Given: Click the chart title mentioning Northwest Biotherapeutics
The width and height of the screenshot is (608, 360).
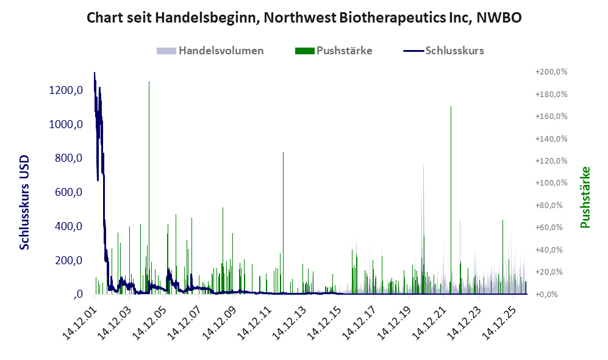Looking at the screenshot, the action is pyautogui.click(x=304, y=18).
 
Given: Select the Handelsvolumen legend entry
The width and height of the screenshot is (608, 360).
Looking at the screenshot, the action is pyautogui.click(x=210, y=51).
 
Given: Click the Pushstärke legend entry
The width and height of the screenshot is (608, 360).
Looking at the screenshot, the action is pyautogui.click(x=334, y=51).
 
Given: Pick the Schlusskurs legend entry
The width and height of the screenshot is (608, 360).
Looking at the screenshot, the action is pyautogui.click(x=443, y=51).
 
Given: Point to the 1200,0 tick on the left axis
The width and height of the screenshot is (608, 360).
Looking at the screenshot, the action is pyautogui.click(x=66, y=90).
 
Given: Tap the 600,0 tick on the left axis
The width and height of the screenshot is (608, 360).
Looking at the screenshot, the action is pyautogui.click(x=68, y=192).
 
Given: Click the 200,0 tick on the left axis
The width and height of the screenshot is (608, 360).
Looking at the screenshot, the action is pyautogui.click(x=68, y=261).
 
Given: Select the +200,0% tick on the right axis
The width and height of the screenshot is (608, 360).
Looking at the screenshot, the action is pyautogui.click(x=551, y=72).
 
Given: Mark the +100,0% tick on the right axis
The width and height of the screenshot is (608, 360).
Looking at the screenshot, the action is pyautogui.click(x=551, y=182).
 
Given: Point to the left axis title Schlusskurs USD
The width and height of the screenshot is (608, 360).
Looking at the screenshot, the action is pyautogui.click(x=24, y=203).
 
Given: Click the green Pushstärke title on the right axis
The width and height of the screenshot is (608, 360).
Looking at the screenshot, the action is pyautogui.click(x=585, y=197).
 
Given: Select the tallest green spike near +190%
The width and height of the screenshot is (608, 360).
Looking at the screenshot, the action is pyautogui.click(x=149, y=188).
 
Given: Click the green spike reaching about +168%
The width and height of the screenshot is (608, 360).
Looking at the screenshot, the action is pyautogui.click(x=451, y=200).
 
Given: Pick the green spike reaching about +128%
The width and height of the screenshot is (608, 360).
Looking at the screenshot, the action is pyautogui.click(x=284, y=223).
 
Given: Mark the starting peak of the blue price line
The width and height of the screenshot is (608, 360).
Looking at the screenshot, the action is pyautogui.click(x=95, y=73).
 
